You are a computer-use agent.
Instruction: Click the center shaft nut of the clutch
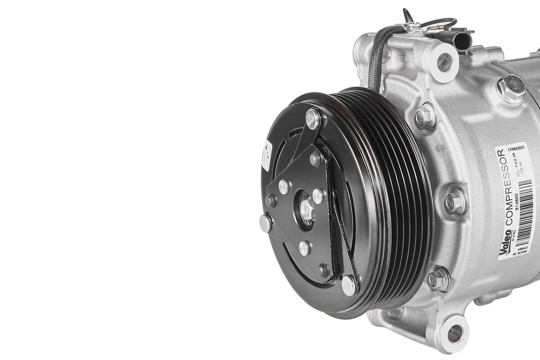pos(307,209)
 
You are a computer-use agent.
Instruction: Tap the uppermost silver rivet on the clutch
pos(312,117)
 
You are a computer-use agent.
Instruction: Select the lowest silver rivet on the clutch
pos(348,284)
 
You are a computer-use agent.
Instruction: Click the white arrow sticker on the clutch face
pos(266,155)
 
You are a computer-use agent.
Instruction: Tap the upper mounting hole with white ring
pos(444,62)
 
